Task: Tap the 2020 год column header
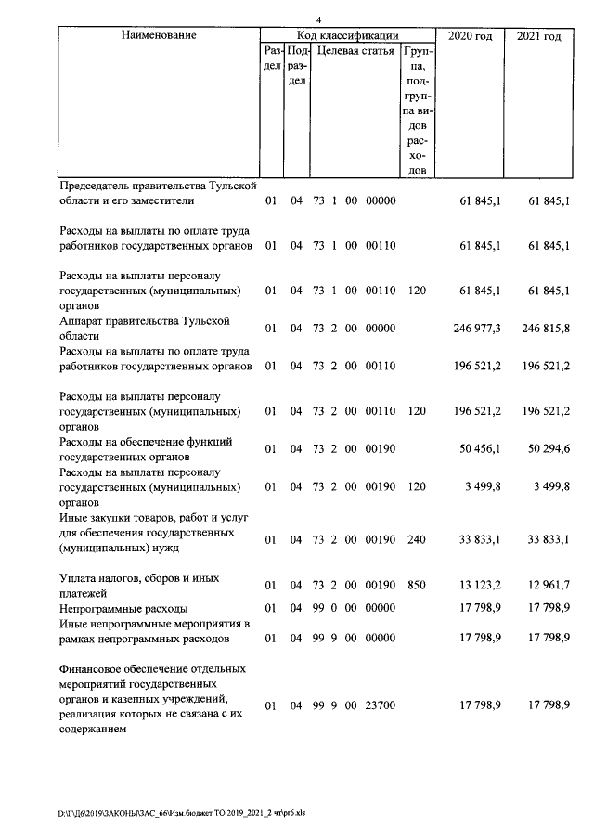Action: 470,36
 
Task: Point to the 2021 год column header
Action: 537,36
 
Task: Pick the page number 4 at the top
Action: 317,19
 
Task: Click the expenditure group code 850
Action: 416,585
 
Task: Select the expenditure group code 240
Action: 416,539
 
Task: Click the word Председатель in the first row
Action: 97,186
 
